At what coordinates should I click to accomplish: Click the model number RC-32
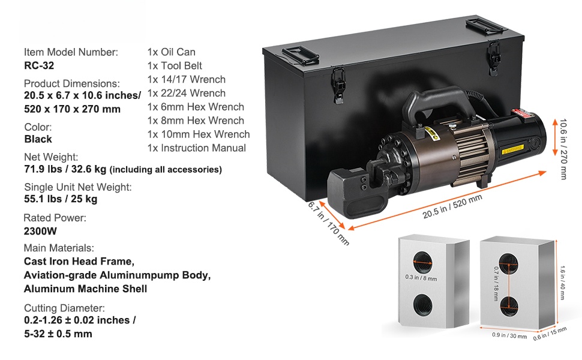pos(39,66)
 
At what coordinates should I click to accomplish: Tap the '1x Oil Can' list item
pos(171,52)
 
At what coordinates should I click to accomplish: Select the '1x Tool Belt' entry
pos(175,66)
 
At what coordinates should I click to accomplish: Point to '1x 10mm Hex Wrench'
pos(199,134)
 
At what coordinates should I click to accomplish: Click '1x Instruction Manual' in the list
pos(197,148)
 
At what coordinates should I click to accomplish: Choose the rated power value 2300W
pos(41,231)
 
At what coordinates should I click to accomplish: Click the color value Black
pos(38,139)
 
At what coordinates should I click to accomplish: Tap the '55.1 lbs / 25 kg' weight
pos(61,199)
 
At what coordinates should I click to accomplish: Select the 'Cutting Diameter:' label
pos(64,308)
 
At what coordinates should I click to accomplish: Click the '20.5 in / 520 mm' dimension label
pos(454,205)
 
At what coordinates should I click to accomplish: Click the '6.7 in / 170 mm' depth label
pos(327,222)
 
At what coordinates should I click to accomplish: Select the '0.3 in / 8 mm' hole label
pos(421,278)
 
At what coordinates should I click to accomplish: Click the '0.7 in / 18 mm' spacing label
pos(496,280)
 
